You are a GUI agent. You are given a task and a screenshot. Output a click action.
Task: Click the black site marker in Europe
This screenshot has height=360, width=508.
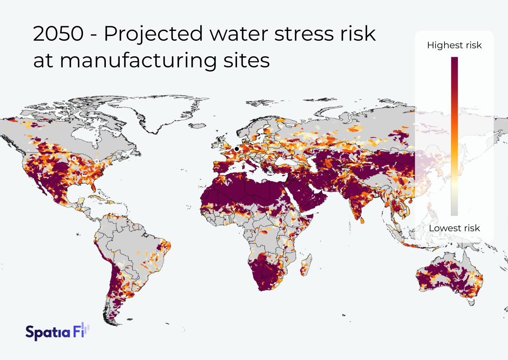pos(236,149)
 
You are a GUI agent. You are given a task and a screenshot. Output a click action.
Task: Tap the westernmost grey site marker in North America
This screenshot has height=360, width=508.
pos(74,158)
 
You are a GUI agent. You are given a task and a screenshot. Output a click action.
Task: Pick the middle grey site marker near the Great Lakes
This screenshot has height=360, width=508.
pos(97,161)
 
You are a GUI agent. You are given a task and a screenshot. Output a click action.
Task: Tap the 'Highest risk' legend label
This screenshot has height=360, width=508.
pos(454,45)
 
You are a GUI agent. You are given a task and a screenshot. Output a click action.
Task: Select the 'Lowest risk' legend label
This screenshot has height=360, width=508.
pos(454,228)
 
